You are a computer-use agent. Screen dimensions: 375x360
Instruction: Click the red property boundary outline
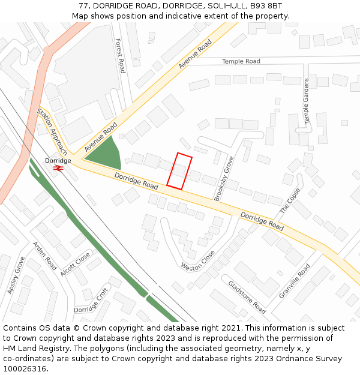pyautogui.click(x=179, y=171)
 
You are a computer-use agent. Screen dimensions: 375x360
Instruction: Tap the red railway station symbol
pyautogui.click(x=59, y=169)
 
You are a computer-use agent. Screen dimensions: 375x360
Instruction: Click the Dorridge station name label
pyautogui.click(x=58, y=161)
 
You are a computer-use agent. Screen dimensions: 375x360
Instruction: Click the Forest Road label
pyautogui.click(x=120, y=56)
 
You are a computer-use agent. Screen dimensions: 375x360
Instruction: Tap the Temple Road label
pyautogui.click(x=241, y=61)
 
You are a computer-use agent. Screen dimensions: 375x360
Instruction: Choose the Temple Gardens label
pyautogui.click(x=307, y=101)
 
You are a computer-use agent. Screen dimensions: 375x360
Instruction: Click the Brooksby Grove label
pyautogui.click(x=224, y=179)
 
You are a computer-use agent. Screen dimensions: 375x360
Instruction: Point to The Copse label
pyautogui.click(x=290, y=201)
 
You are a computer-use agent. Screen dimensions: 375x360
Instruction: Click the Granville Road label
pyautogui.click(x=295, y=281)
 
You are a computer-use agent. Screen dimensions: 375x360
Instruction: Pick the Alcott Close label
pyautogui.click(x=75, y=264)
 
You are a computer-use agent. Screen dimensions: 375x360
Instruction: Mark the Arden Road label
pyautogui.click(x=44, y=256)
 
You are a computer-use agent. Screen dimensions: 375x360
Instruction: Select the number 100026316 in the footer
pyautogui.click(x=24, y=369)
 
